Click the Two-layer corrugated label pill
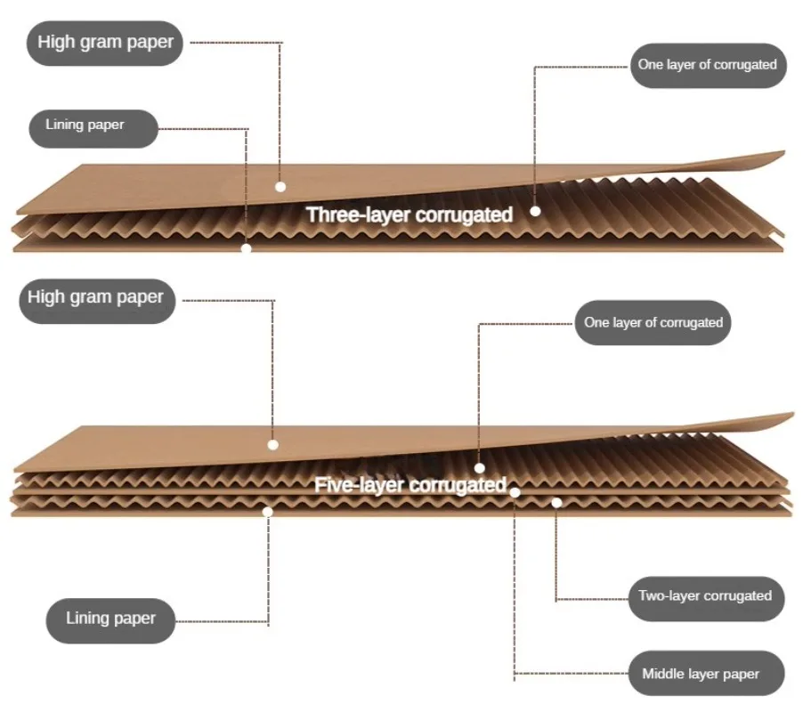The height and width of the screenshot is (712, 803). [x=705, y=595]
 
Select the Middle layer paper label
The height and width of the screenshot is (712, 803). [x=701, y=674]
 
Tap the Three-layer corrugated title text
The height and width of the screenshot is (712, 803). [x=410, y=214]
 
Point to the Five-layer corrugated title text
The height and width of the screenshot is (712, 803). [x=410, y=485]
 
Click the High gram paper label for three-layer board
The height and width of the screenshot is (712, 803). [x=106, y=42]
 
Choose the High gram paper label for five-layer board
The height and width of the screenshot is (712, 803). [x=95, y=296]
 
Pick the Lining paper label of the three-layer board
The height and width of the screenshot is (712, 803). [x=85, y=125]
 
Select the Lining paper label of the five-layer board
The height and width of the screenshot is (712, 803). [x=110, y=619]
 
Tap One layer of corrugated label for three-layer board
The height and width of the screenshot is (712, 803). [x=707, y=64]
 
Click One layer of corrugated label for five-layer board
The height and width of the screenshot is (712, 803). [x=653, y=322]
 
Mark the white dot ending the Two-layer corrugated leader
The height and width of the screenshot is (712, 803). [x=556, y=503]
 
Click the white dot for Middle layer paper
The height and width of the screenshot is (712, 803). [x=515, y=491]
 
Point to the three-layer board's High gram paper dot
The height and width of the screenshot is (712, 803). [x=280, y=187]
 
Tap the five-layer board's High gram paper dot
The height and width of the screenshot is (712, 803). [x=272, y=443]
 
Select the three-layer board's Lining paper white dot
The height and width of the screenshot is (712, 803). [x=247, y=248]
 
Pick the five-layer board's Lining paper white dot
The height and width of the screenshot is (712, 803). [x=267, y=511]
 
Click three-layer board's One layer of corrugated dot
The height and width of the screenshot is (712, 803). [x=535, y=211]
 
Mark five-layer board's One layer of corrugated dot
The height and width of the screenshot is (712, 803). [x=479, y=467]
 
